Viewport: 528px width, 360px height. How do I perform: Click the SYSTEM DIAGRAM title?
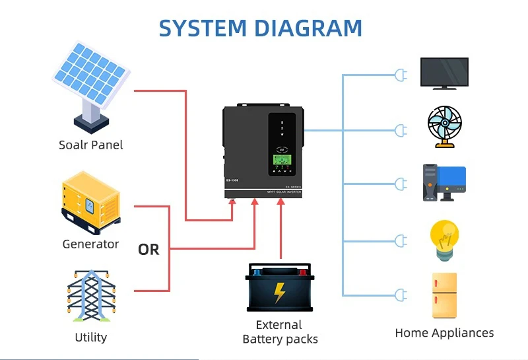261,28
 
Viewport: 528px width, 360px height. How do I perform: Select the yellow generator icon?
91,201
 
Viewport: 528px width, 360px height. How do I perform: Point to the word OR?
148,250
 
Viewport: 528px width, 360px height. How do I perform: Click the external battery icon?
280,287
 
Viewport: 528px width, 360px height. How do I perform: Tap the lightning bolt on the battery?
280,292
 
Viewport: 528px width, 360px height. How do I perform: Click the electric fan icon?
444,126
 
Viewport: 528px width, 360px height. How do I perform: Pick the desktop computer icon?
444,183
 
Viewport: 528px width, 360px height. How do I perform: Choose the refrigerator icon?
444,296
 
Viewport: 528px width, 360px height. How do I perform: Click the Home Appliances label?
444,333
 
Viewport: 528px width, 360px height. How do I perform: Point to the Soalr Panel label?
90,145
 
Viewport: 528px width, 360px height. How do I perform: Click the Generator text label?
90,244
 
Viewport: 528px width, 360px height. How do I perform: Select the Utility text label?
90,338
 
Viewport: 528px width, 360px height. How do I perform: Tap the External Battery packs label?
280,332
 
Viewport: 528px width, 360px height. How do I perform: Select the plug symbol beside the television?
399,75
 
